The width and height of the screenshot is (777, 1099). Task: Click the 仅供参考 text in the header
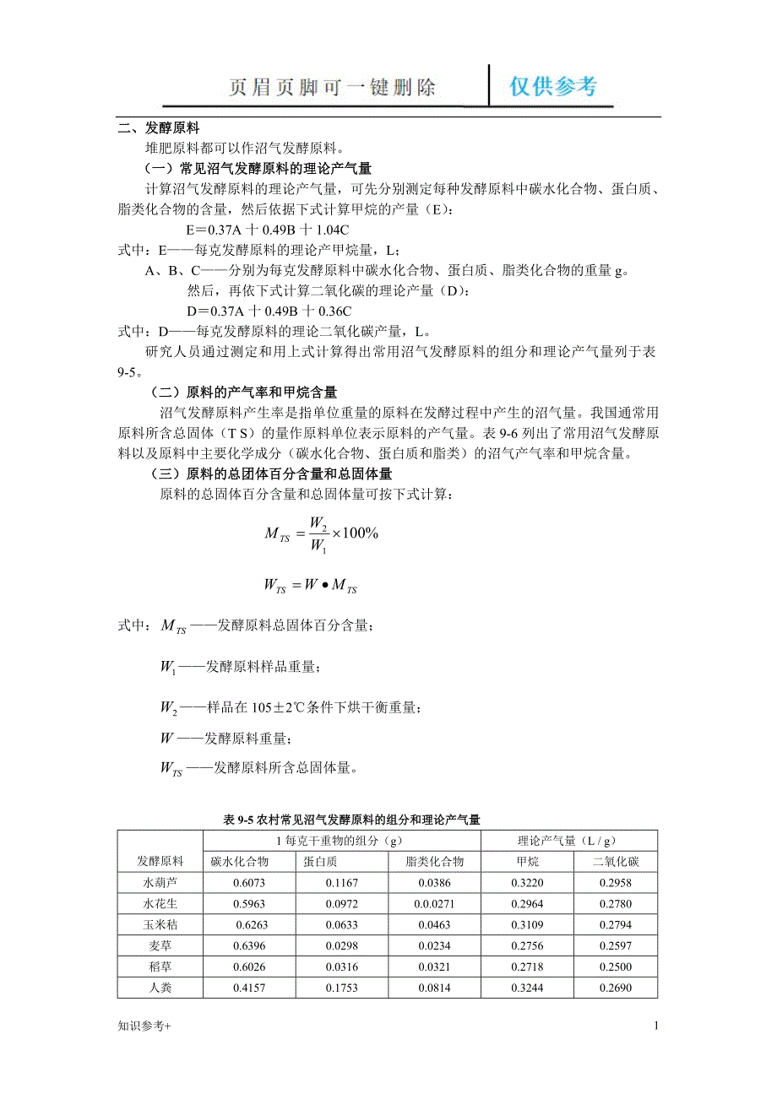pos(553,86)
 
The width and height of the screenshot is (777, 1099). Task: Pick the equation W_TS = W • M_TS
pos(310,585)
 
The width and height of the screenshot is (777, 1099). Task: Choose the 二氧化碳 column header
pos(615,862)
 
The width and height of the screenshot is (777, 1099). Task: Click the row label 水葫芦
pos(160,883)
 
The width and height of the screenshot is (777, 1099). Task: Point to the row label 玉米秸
pos(160,924)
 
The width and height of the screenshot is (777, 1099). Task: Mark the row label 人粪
pos(160,988)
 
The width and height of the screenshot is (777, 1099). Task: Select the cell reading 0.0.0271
pos(435,904)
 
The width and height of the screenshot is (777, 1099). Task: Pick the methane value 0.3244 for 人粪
pos(528,988)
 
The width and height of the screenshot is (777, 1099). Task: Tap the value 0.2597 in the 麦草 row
pos(615,945)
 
